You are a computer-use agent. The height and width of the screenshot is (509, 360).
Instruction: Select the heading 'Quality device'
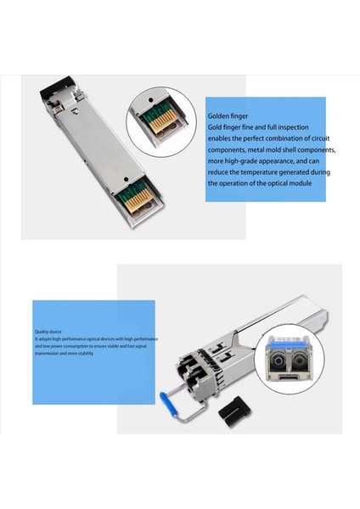[48, 332]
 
